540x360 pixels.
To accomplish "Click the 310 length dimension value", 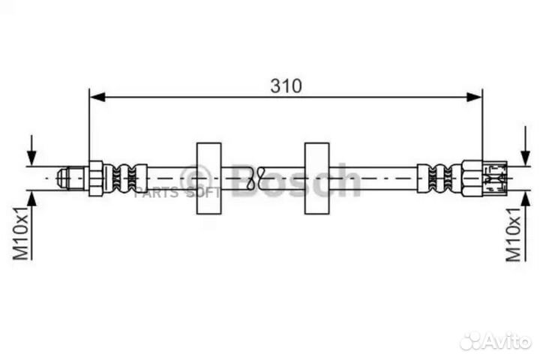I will pyautogui.click(x=286, y=85).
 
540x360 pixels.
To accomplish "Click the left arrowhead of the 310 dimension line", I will pyautogui.click(x=97, y=96).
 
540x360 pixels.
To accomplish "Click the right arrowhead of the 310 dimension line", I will pyautogui.click(x=474, y=96).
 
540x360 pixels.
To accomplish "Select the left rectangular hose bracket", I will pyautogui.click(x=209, y=178).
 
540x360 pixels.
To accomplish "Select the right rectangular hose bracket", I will pyautogui.click(x=318, y=178).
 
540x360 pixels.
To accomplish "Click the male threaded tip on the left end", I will pyautogui.click(x=72, y=178).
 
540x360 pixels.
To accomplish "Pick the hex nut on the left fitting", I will pyautogui.click(x=96, y=178).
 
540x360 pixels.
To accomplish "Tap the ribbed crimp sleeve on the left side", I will pyautogui.click(x=124, y=178).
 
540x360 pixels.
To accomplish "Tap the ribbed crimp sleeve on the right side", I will pyautogui.click(x=439, y=178).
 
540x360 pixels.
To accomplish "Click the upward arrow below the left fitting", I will pyautogui.click(x=31, y=199).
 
